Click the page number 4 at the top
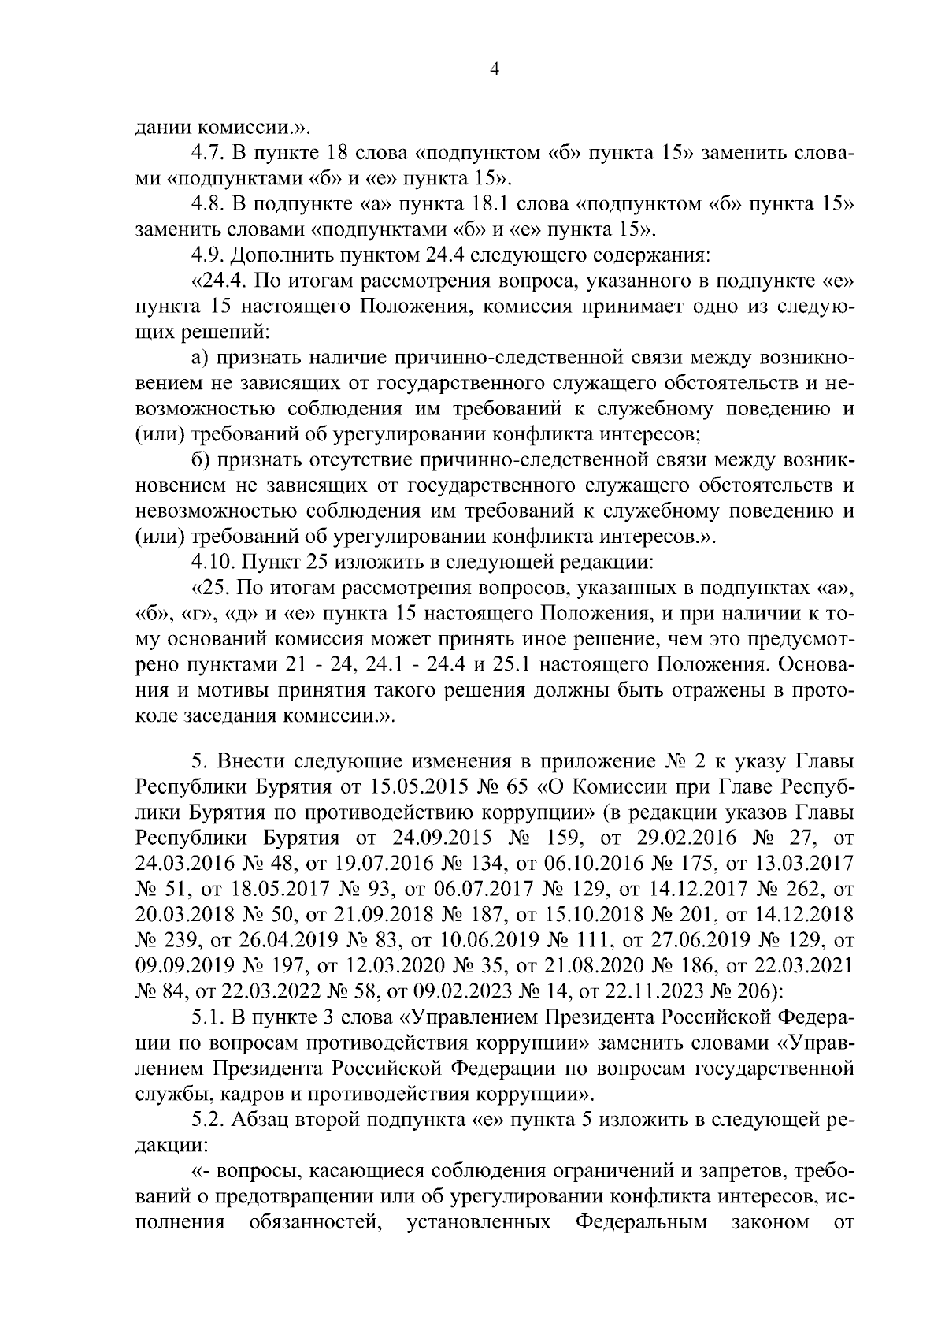coord(495,69)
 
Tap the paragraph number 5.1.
coord(209,1017)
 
